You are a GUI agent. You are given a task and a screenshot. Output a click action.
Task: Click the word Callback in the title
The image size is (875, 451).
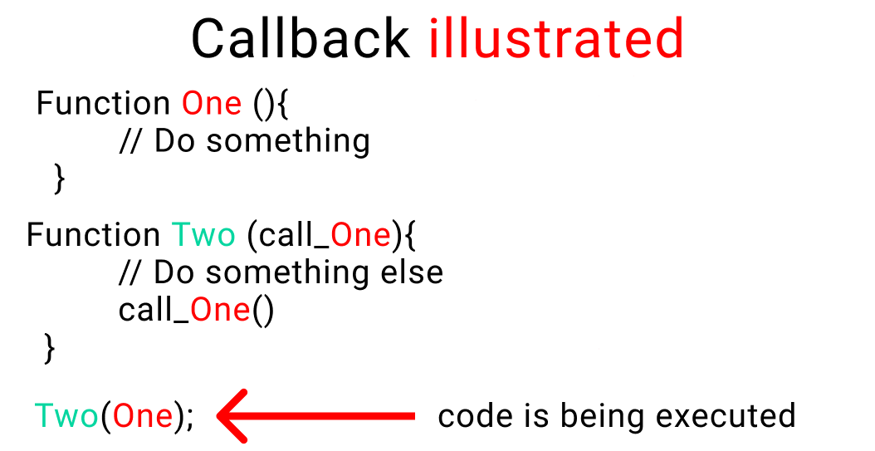300,38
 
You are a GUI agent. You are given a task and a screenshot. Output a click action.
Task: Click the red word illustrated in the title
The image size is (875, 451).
556,38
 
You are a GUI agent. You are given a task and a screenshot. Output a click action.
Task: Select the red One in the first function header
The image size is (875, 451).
212,104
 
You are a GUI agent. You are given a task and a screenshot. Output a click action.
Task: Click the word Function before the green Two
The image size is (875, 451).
93,235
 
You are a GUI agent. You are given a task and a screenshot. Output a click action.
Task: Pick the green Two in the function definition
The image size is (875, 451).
204,235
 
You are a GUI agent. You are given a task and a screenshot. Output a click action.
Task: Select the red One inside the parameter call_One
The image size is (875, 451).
360,235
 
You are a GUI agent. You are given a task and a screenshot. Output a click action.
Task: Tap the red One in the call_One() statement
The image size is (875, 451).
220,310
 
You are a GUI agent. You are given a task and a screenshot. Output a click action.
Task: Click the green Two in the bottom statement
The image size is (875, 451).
66,415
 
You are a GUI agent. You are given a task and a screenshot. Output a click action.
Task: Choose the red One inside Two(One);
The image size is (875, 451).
143,415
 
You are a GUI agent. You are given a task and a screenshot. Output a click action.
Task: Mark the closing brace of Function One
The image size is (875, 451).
58,177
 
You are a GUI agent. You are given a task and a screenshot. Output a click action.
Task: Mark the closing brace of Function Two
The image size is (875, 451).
48,347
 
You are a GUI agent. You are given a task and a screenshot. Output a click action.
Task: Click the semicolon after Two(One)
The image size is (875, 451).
190,418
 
